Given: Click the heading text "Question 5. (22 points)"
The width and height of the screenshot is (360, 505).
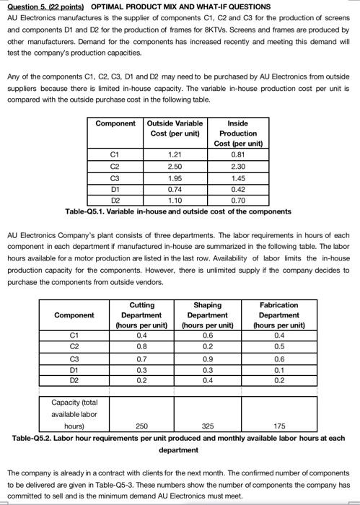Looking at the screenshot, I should (45, 7).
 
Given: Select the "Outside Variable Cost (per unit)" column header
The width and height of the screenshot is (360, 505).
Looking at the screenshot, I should (174, 128).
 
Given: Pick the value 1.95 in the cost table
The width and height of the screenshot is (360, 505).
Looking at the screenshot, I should (174, 178).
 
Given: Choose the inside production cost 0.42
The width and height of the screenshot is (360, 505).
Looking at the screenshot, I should (237, 190).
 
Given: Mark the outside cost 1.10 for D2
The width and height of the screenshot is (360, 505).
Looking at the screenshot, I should (174, 201).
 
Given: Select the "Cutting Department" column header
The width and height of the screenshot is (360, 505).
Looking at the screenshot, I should (141, 315).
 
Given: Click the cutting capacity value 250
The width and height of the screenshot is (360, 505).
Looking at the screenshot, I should (142, 426).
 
